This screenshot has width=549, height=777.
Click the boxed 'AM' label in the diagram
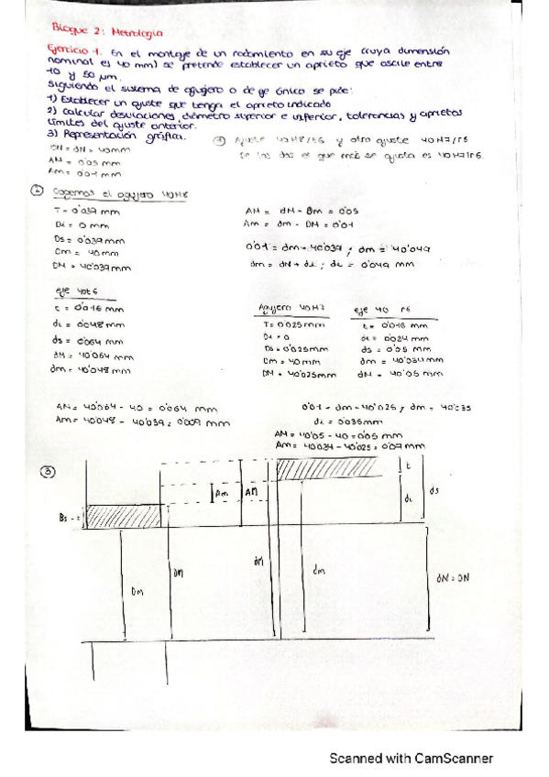(251, 493)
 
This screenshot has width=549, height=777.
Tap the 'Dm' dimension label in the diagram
(138, 593)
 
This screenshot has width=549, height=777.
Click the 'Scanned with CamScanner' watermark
(412, 758)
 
